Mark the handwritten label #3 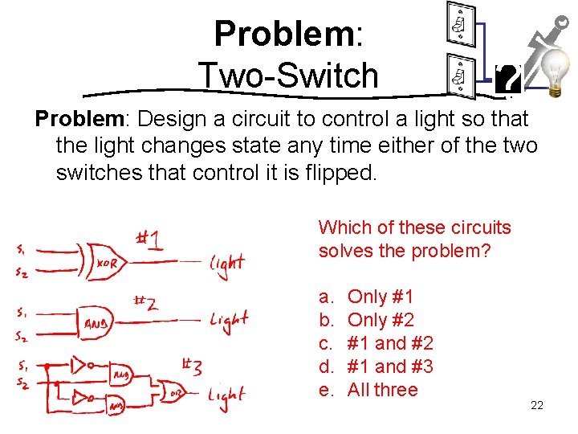pyautogui.click(x=192, y=369)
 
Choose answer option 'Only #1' pyautogui.click(x=381, y=297)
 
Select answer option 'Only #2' pyautogui.click(x=381, y=321)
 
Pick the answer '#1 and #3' pyautogui.click(x=390, y=366)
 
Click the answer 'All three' pyautogui.click(x=382, y=390)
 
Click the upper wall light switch pyautogui.click(x=458, y=27)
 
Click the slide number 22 pyautogui.click(x=537, y=405)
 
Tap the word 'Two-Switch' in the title pyautogui.click(x=288, y=76)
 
